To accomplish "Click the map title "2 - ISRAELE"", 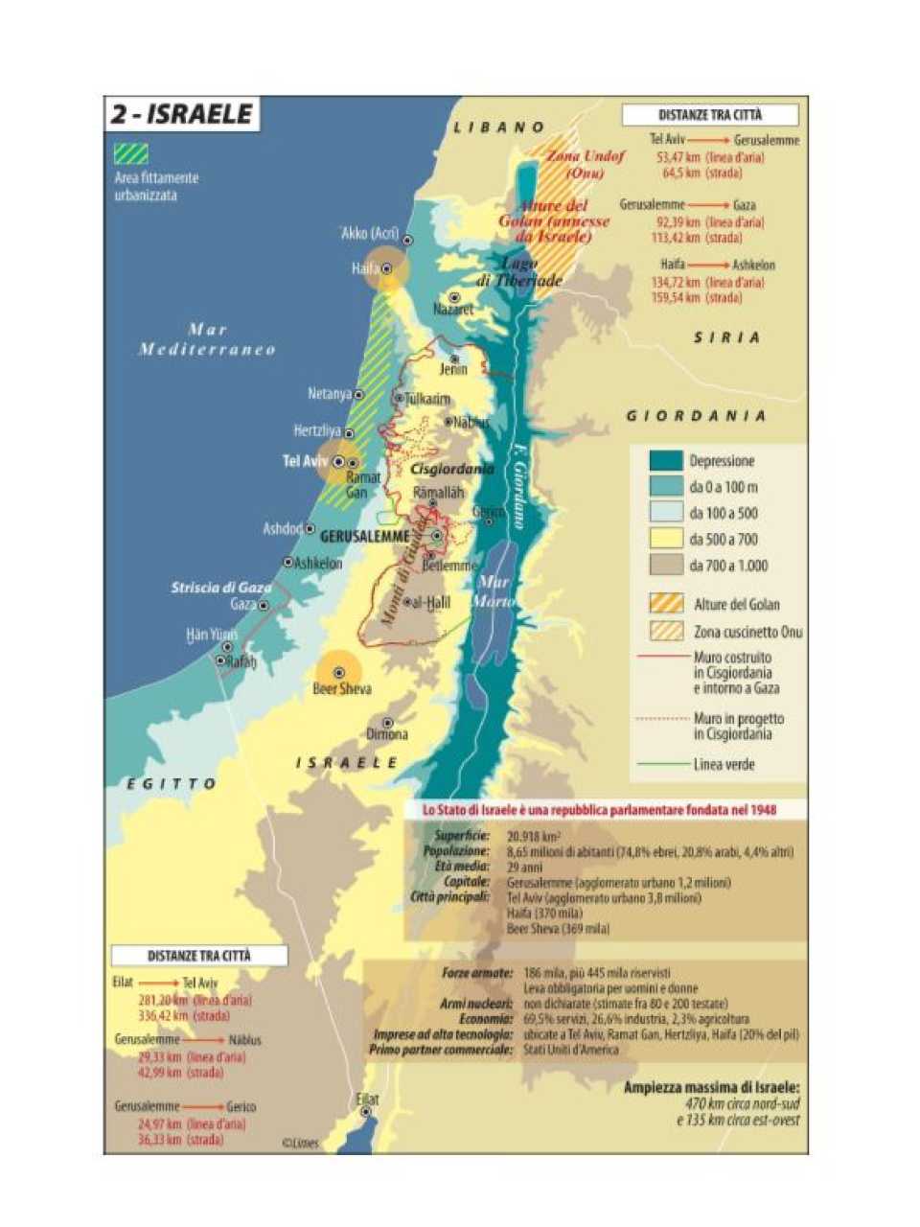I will pyautogui.click(x=182, y=115).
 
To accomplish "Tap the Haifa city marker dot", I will pyautogui.click(x=387, y=269).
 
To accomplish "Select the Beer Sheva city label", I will pyautogui.click(x=342, y=689).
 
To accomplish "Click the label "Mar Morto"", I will pyautogui.click(x=494, y=591).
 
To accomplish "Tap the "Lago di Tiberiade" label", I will pyautogui.click(x=518, y=272).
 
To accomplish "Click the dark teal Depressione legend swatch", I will pyautogui.click(x=665, y=461).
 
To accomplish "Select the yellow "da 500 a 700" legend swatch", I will pyautogui.click(x=665, y=539).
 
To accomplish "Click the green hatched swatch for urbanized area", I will pyautogui.click(x=130, y=153).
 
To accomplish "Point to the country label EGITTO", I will pyautogui.click(x=172, y=784).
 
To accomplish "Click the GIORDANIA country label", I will pyautogui.click(x=696, y=416).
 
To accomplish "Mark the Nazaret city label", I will pyautogui.click(x=453, y=310).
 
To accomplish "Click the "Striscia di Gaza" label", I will pyautogui.click(x=221, y=588).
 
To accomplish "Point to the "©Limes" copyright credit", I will pyautogui.click(x=301, y=1143).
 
